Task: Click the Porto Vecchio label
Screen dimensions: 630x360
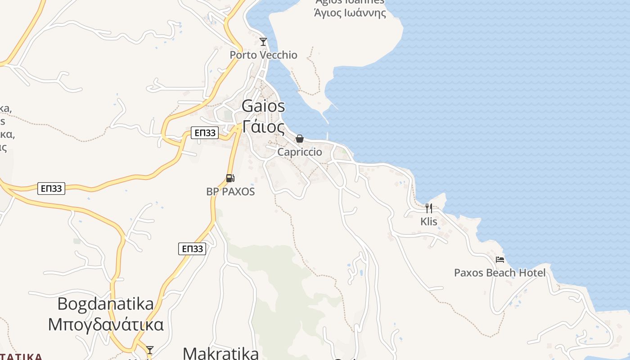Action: (263, 55)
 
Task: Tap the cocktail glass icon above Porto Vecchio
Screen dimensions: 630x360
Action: (263, 42)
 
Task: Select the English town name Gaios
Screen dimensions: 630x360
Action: (263, 106)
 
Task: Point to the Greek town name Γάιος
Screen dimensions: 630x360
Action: (263, 127)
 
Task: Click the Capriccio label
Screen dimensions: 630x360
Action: (300, 152)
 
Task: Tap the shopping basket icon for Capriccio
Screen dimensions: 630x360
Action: (300, 139)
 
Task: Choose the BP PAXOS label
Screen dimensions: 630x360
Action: (230, 192)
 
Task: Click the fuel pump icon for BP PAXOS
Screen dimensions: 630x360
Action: (230, 178)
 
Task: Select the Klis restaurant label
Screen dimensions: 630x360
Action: (429, 221)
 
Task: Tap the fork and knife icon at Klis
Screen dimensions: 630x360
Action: (429, 208)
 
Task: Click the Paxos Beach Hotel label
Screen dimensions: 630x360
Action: (499, 273)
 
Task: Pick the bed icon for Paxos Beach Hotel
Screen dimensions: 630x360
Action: (499, 259)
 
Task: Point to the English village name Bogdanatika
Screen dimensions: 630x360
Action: (106, 304)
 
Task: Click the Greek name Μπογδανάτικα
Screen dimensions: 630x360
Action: (106, 324)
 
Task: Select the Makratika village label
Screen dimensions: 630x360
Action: (221, 353)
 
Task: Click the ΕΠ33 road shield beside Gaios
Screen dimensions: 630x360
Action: (205, 133)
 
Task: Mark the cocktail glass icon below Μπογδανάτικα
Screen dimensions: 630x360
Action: (150, 350)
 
